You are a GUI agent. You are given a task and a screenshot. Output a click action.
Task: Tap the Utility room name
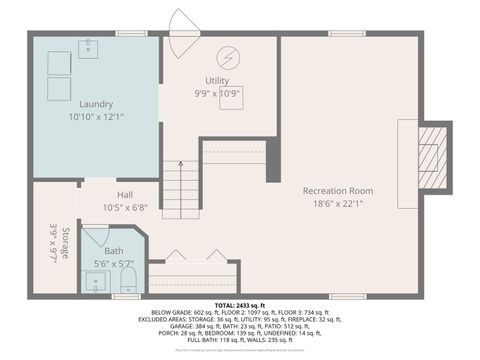pos(217,80)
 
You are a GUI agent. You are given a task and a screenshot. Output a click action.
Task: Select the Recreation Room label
pos(338,190)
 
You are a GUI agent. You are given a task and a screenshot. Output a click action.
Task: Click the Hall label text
pos(124,195)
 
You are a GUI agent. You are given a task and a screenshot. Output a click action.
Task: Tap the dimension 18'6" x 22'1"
pos(338,203)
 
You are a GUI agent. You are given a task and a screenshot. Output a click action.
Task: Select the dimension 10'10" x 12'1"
pos(96,117)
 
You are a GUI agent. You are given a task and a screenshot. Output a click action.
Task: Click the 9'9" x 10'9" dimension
pos(217,93)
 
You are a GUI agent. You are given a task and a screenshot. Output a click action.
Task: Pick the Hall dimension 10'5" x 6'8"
pos(124,208)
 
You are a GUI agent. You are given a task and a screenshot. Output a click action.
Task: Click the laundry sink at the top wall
pos(87,46)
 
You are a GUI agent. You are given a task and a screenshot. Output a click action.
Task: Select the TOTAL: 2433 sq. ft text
pos(239,305)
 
